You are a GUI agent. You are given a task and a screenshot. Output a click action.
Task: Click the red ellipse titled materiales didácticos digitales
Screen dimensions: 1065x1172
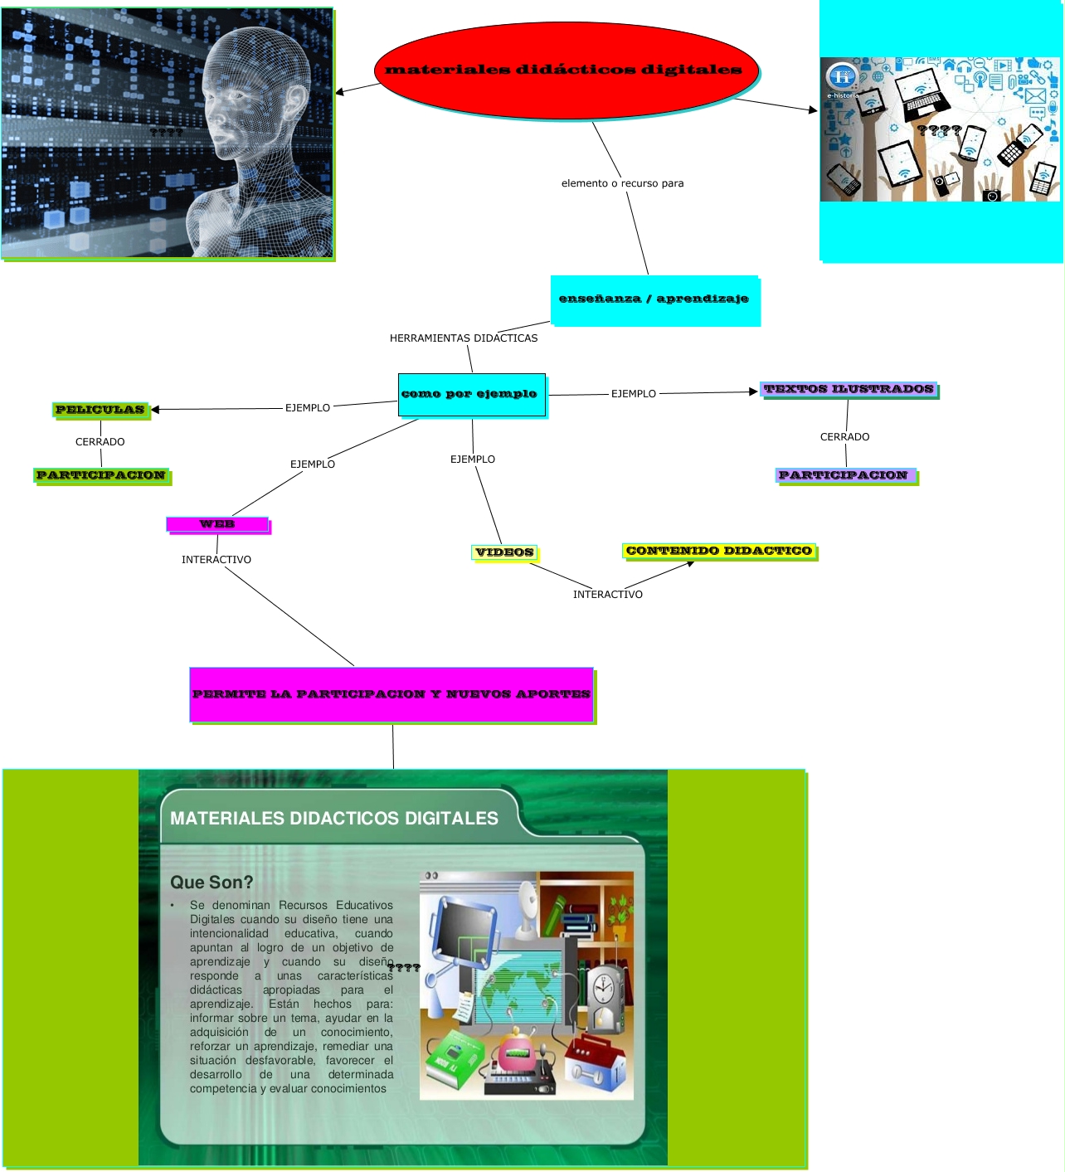coord(566,71)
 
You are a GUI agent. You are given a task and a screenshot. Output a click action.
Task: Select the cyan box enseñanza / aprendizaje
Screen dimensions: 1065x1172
coord(654,299)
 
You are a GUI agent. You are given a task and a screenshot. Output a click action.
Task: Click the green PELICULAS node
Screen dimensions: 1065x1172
coord(100,410)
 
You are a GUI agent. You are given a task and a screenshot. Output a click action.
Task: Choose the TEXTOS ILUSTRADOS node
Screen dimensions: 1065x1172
coord(849,389)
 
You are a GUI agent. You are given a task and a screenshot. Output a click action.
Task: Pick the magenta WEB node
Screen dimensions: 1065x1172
coord(217,524)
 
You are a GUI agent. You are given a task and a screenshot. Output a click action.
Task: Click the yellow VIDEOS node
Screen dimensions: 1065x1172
coord(504,552)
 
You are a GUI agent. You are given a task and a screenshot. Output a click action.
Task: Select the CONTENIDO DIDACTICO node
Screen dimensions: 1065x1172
coord(718,551)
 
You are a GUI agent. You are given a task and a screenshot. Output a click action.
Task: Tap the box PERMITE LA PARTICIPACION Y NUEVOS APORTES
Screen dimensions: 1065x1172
coord(391,694)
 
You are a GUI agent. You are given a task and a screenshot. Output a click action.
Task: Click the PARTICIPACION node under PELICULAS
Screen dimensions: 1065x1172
coord(101,475)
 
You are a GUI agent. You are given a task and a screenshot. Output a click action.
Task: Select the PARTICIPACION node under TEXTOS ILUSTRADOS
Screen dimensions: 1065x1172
coord(846,475)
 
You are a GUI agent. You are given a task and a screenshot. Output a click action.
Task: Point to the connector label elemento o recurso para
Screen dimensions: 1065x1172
coord(622,183)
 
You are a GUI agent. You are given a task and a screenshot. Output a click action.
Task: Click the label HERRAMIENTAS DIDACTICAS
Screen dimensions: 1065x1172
coord(463,338)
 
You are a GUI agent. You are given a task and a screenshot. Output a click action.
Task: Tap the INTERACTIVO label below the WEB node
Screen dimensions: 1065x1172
coord(216,560)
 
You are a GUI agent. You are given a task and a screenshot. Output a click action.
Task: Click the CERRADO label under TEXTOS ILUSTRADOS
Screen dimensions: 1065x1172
coord(844,437)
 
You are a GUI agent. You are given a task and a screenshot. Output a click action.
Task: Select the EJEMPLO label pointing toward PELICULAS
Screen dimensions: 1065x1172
coord(308,408)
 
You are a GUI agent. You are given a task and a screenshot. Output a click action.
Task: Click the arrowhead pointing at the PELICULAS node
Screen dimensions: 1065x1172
coord(155,410)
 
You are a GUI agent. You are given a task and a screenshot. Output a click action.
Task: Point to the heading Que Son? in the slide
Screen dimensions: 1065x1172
coord(212,883)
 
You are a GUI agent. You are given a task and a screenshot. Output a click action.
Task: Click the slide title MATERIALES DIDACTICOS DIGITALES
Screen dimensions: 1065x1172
coord(333,819)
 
